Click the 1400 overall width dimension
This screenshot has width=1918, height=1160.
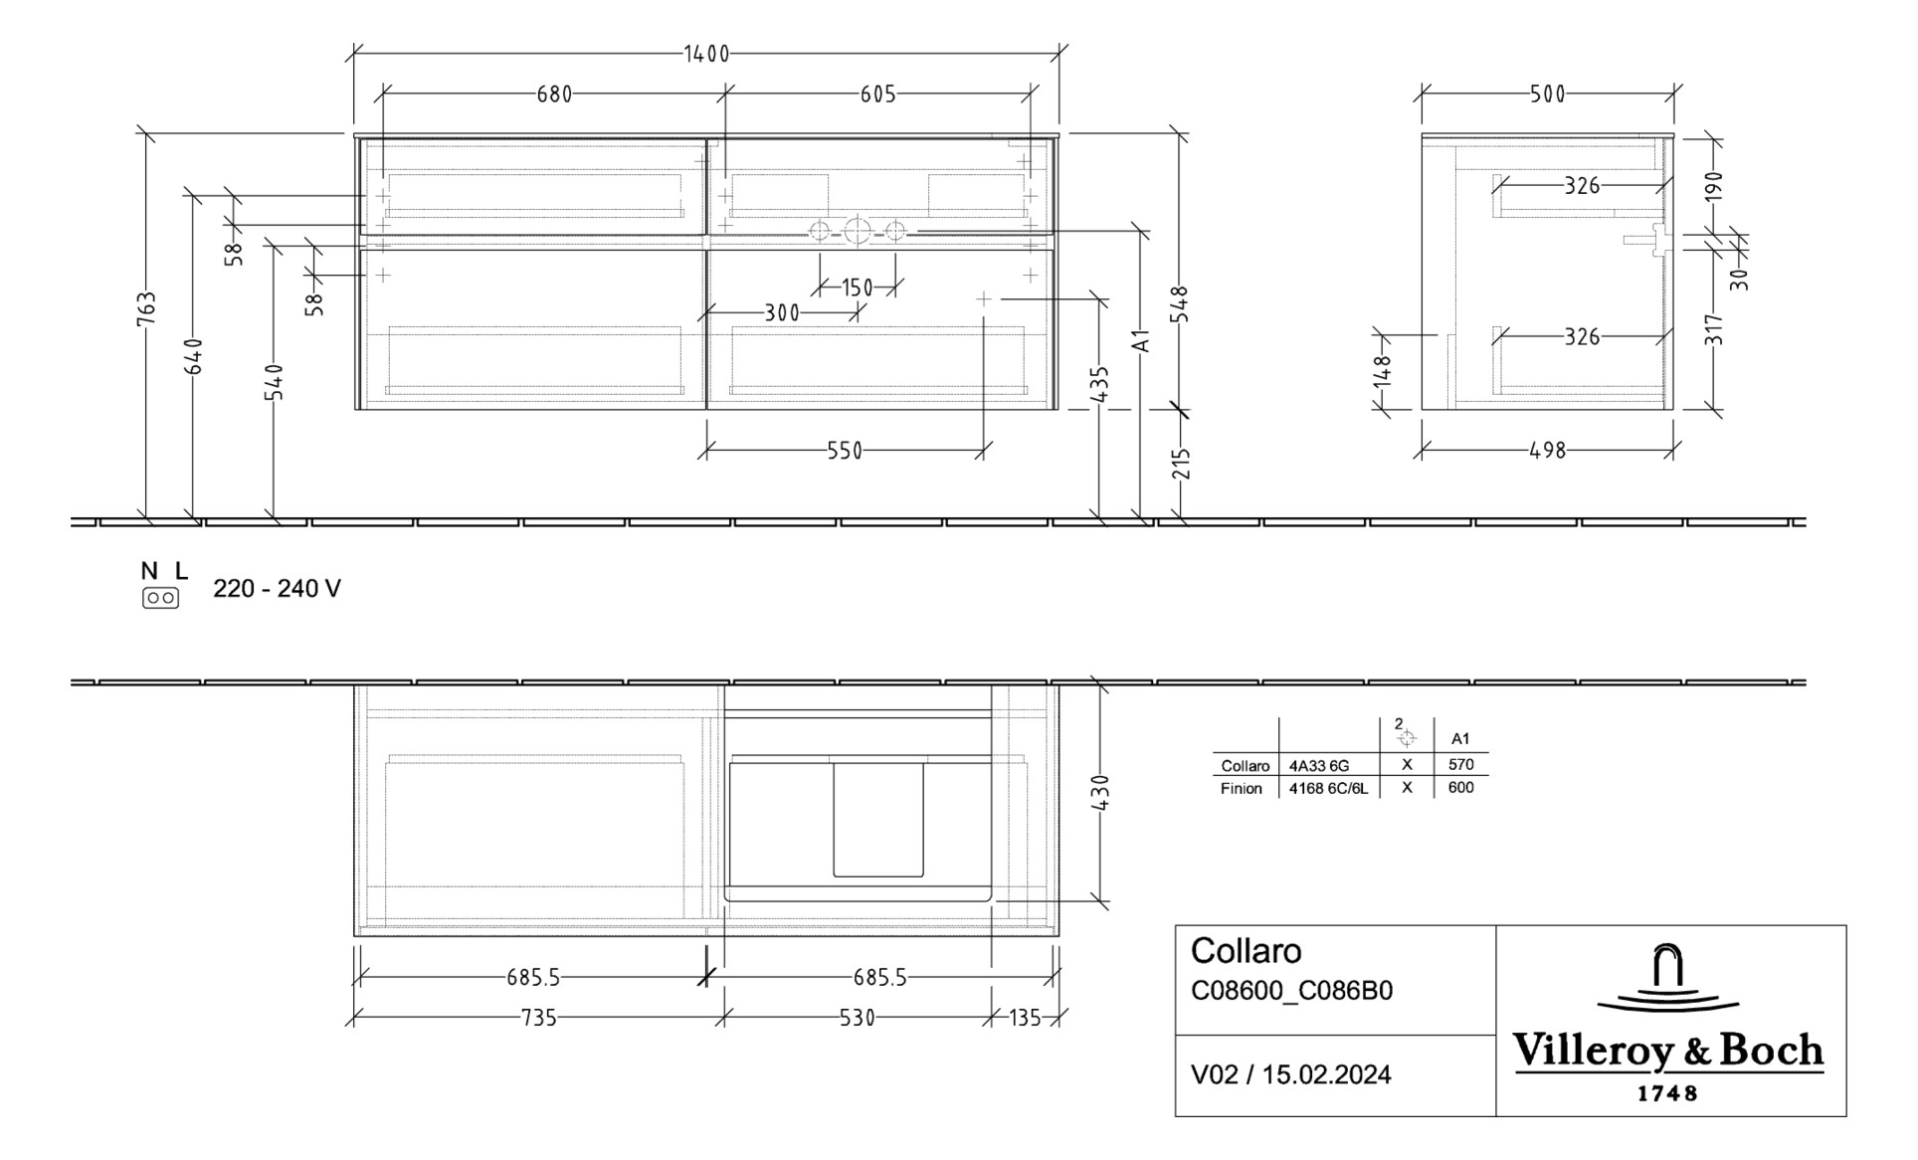[706, 54]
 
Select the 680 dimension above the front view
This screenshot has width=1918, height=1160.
[554, 95]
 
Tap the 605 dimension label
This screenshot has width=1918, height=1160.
[877, 95]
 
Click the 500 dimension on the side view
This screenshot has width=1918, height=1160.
[1547, 95]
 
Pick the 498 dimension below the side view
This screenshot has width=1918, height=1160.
[1547, 451]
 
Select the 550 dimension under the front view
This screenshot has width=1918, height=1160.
[845, 451]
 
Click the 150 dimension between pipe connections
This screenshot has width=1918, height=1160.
[857, 288]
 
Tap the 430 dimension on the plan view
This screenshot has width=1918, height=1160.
[1100, 793]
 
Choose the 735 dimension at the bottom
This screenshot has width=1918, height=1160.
[538, 1018]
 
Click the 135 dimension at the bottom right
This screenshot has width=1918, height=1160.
[1025, 1018]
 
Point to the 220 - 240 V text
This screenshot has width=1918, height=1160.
[277, 589]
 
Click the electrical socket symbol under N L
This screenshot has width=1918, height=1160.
[160, 598]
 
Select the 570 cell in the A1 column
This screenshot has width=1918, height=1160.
[1460, 765]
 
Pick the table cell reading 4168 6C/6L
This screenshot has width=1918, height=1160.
[1328, 789]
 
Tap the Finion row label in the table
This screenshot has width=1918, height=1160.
[1242, 789]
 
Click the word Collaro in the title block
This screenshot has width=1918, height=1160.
[1246, 951]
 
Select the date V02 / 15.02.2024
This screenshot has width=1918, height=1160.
[1290, 1074]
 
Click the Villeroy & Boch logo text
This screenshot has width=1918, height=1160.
[1668, 1052]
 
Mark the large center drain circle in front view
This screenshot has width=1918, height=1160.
[857, 232]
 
